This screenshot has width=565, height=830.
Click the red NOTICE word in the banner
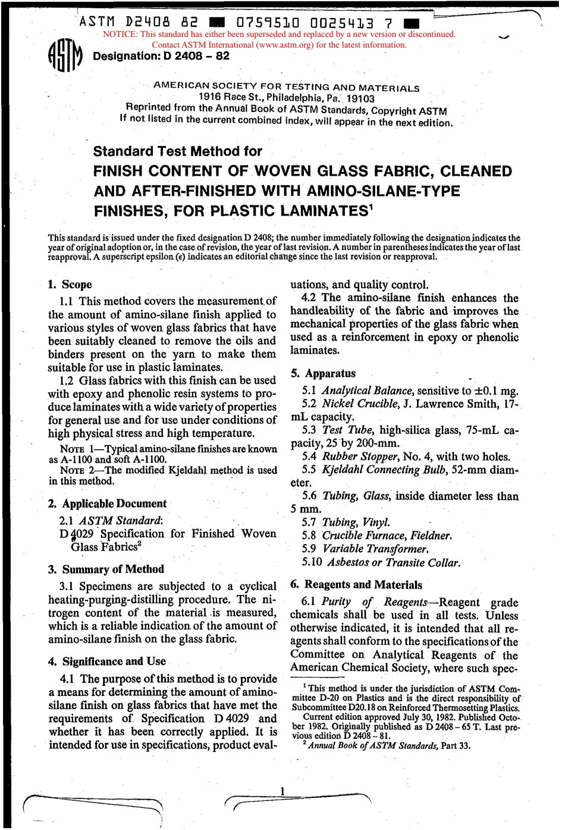pyautogui.click(x=120, y=35)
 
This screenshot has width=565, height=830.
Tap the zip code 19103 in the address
pyautogui.click(x=360, y=99)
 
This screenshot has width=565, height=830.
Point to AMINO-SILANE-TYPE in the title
pyautogui.click(x=383, y=191)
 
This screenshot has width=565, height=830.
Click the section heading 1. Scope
pyautogui.click(x=70, y=285)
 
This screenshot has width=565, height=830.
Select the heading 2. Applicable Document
pyautogui.click(x=108, y=504)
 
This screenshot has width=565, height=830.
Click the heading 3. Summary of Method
pyautogui.click(x=106, y=569)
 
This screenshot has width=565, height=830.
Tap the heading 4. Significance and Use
pyautogui.click(x=108, y=661)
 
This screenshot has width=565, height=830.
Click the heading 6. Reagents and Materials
pyautogui.click(x=356, y=585)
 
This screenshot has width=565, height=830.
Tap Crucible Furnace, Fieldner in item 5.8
pyautogui.click(x=387, y=535)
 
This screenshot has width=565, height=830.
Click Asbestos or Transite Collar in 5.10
pyautogui.click(x=393, y=563)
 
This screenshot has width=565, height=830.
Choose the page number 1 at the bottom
pyautogui.click(x=282, y=791)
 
